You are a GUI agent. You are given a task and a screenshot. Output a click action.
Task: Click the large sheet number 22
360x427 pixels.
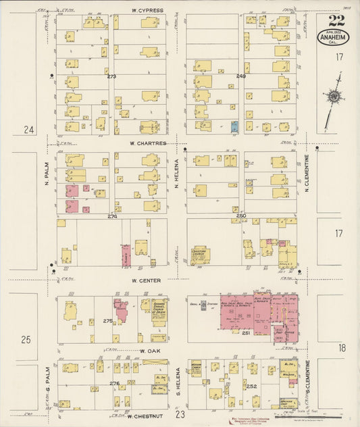tap(335, 21)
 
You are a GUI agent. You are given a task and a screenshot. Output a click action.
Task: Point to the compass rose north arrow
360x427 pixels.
tap(332, 99)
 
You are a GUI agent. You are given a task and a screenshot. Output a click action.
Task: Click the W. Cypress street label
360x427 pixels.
tap(147, 11)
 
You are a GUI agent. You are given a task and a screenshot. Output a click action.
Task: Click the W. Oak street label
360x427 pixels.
tap(149, 351)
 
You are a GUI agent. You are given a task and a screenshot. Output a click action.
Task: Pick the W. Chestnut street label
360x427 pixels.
tap(147, 416)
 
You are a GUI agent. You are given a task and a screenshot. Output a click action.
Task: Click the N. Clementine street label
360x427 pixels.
tap(307, 173)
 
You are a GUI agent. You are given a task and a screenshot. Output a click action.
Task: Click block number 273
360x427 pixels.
tap(111, 76)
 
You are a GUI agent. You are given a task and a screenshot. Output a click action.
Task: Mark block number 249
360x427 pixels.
tap(241, 76)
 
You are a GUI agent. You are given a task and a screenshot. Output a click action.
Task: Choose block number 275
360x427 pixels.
tap(107, 321)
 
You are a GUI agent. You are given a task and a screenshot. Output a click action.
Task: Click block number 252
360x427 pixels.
tap(251, 386)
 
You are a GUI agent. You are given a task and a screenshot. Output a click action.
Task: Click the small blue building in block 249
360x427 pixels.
tap(234, 126)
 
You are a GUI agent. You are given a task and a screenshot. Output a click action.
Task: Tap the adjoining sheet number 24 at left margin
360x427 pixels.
tap(28, 129)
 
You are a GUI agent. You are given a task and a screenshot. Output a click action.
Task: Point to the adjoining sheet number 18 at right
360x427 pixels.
tap(342, 347)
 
